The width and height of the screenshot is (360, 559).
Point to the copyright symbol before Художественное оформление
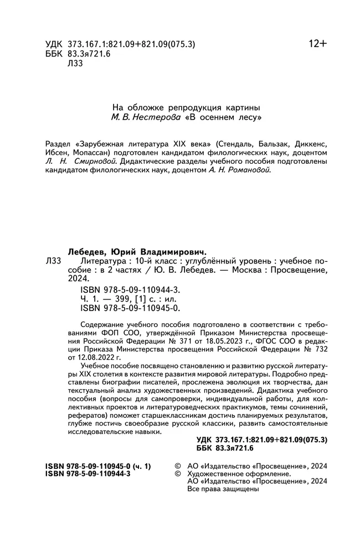point(178,474)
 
